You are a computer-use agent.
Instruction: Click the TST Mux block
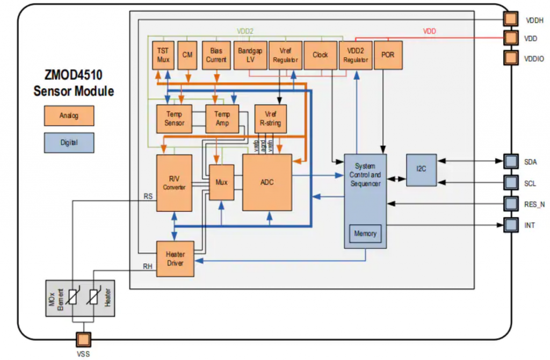coord(163,55)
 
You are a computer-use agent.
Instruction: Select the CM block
coord(187,55)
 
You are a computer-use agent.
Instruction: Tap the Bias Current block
coord(216,55)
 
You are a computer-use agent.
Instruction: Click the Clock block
coord(320,55)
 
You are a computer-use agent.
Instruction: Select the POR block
coord(387,55)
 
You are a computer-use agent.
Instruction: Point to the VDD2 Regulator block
coord(356,55)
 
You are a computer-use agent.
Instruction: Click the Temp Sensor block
coord(174,119)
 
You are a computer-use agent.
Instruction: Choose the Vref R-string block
coord(270,119)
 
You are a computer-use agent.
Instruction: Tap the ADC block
coord(267,183)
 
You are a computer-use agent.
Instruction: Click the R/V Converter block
coord(174,183)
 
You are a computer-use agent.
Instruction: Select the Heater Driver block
coord(175,259)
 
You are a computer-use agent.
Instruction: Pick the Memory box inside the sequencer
coord(365,234)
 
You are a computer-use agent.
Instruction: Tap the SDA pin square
coord(509,161)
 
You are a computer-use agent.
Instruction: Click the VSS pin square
coord(83,339)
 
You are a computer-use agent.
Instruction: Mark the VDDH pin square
coord(509,19)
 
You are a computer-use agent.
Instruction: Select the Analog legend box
coord(69,115)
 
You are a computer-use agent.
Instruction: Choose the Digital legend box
coord(69,143)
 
